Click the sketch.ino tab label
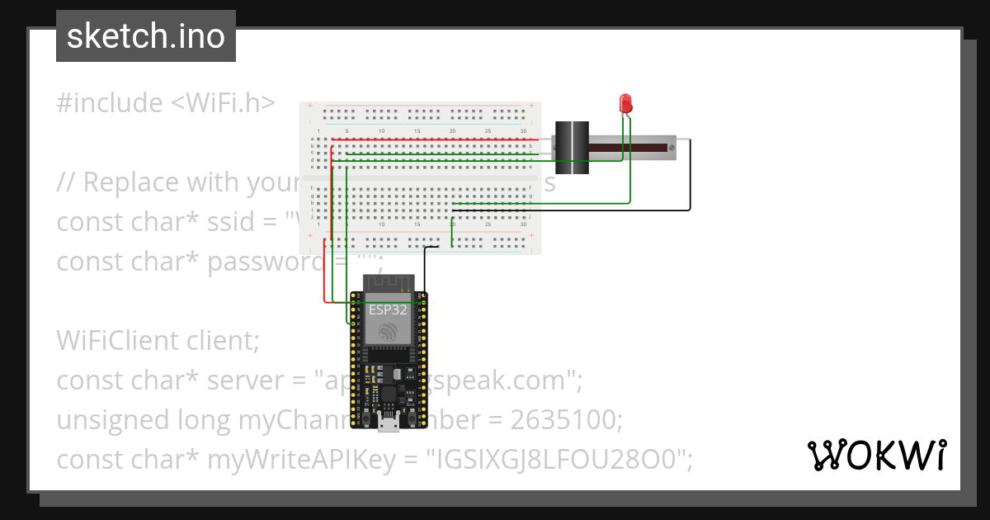[145, 36]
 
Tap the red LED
[626, 103]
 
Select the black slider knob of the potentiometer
[571, 147]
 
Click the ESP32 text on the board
[388, 310]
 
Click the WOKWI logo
[876, 455]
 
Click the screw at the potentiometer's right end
[672, 148]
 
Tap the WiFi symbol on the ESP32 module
[388, 332]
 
